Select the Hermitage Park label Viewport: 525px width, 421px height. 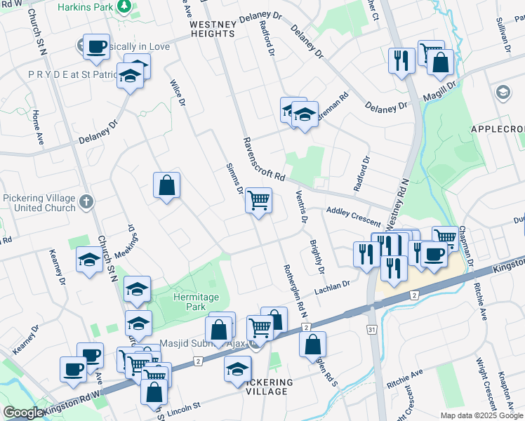click(192, 302)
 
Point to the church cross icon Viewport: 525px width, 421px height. click(86, 203)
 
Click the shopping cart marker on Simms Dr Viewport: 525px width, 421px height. click(258, 201)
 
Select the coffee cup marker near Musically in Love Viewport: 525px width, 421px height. click(96, 47)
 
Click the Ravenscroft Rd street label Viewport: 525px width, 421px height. click(263, 159)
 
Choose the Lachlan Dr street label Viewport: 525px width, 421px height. click(332, 286)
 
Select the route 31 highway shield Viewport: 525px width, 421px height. click(372, 329)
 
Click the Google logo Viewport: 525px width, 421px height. click(22, 413)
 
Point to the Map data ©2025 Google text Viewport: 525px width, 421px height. click(481, 415)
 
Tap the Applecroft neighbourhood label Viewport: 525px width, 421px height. click(498, 130)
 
